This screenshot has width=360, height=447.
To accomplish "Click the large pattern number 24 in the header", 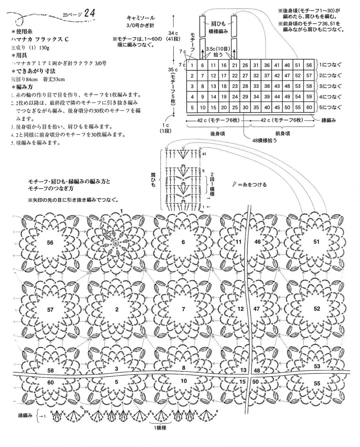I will coord(90,13).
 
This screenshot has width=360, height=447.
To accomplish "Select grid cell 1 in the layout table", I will coord(192,66).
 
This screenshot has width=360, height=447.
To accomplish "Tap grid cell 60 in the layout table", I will coord(309,107).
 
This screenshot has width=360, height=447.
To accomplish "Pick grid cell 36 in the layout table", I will coord(267,66).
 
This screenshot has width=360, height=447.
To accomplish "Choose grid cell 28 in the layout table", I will coord(245,86).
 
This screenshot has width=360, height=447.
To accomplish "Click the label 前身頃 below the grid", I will coord(283,133).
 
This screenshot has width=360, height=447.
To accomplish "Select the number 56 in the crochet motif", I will coord(50,242).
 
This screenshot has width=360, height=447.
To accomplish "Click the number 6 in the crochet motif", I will coord(183,242).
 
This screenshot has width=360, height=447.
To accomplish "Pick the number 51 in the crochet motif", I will coord(316,241).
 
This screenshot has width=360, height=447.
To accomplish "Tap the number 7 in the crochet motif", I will coord(183,309).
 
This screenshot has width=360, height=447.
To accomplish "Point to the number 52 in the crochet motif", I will coord(317,309).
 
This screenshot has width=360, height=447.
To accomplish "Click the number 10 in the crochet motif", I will coord(184,381).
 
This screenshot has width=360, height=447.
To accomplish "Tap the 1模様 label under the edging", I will coord(160,428).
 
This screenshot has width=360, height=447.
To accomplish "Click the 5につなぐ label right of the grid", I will coord(330,107).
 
